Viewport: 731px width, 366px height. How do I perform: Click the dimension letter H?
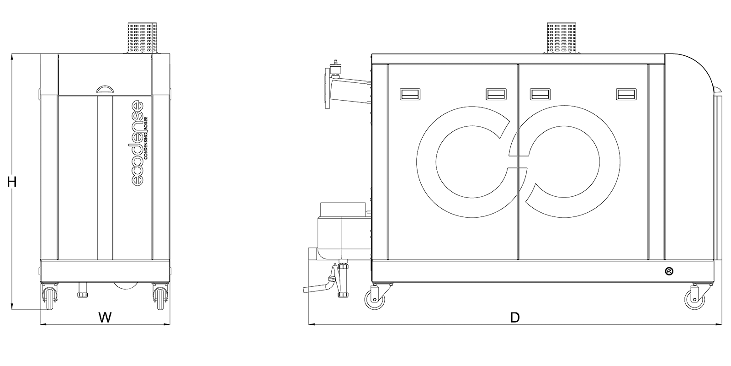12,182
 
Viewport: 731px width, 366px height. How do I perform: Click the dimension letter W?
105,318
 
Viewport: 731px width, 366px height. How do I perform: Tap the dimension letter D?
514,318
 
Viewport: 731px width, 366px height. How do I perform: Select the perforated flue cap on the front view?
142,38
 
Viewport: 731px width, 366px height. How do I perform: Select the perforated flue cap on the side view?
561,38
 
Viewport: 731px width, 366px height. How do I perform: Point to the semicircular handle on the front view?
105,89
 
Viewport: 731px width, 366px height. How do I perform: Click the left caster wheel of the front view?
49,297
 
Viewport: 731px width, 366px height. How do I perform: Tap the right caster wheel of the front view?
160,297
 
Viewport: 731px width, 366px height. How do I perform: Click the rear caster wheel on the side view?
375,297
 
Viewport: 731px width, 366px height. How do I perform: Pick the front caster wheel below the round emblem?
695,297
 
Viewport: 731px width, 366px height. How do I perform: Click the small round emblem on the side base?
669,271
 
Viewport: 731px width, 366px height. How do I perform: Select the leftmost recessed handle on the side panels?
410,94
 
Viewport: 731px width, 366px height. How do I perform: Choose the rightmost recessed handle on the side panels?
626,94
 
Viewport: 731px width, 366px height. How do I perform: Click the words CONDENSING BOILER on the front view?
147,137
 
